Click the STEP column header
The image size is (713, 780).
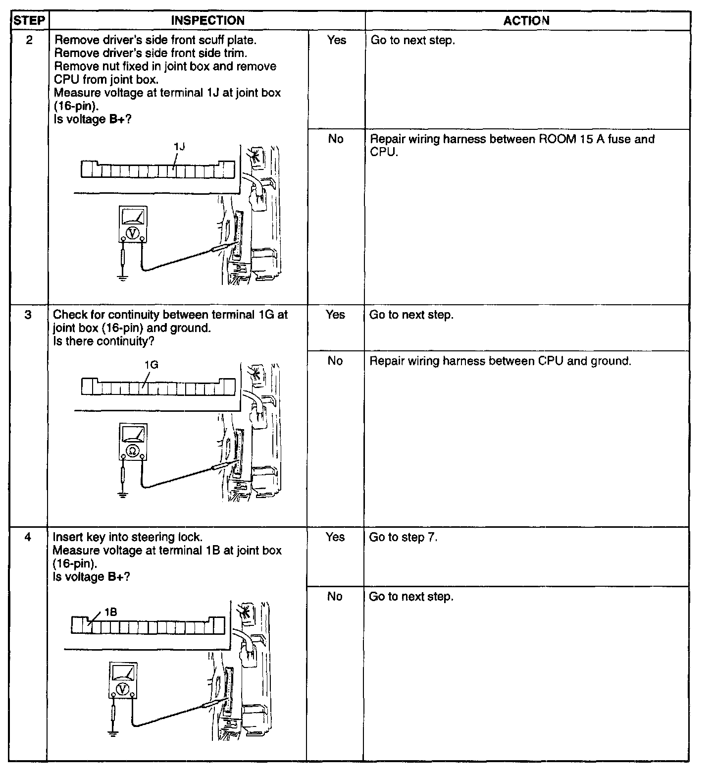(x=29, y=21)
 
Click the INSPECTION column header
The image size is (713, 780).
(x=207, y=21)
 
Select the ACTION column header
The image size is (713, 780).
(x=526, y=21)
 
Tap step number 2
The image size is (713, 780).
(x=29, y=40)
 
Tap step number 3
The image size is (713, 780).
(x=28, y=315)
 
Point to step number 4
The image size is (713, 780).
(x=28, y=537)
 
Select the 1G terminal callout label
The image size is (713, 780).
(x=151, y=365)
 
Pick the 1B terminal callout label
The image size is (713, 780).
(x=110, y=613)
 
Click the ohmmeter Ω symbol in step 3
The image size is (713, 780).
(x=133, y=450)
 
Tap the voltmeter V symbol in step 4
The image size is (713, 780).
(x=123, y=689)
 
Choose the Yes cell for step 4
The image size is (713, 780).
(x=335, y=537)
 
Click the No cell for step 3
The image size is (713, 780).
(x=335, y=361)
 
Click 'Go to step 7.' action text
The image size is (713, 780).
(x=403, y=537)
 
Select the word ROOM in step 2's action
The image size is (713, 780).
(x=557, y=139)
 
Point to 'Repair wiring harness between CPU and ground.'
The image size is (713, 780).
(x=500, y=361)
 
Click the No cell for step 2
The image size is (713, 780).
(x=336, y=139)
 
